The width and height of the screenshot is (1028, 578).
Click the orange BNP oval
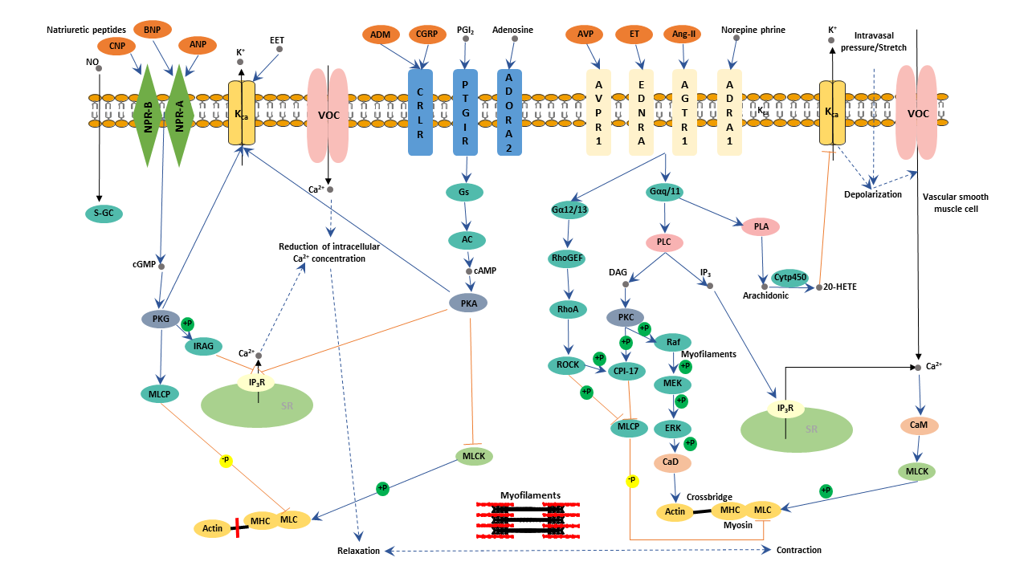pyautogui.click(x=153, y=30)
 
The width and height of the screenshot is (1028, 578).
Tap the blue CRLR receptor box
pyautogui.click(x=420, y=111)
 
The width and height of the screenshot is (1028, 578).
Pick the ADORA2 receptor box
pyautogui.click(x=510, y=110)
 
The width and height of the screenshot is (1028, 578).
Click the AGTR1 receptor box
pyautogui.click(x=684, y=110)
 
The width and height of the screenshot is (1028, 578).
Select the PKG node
pyautogui.click(x=161, y=319)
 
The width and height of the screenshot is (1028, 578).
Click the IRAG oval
pyautogui.click(x=202, y=346)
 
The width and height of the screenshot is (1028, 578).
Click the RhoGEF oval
pyautogui.click(x=569, y=258)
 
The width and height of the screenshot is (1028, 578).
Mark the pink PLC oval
pyautogui.click(x=663, y=242)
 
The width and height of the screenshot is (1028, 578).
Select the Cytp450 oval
pyautogui.click(x=789, y=277)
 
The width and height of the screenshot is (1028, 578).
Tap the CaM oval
pyautogui.click(x=920, y=425)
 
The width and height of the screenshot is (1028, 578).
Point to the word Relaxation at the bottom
pyautogui.click(x=359, y=551)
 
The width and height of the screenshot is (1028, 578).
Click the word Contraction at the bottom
pyautogui.click(x=798, y=550)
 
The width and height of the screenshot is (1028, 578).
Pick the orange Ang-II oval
pyautogui.click(x=683, y=35)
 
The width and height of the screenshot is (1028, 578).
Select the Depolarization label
pyautogui.click(x=873, y=194)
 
